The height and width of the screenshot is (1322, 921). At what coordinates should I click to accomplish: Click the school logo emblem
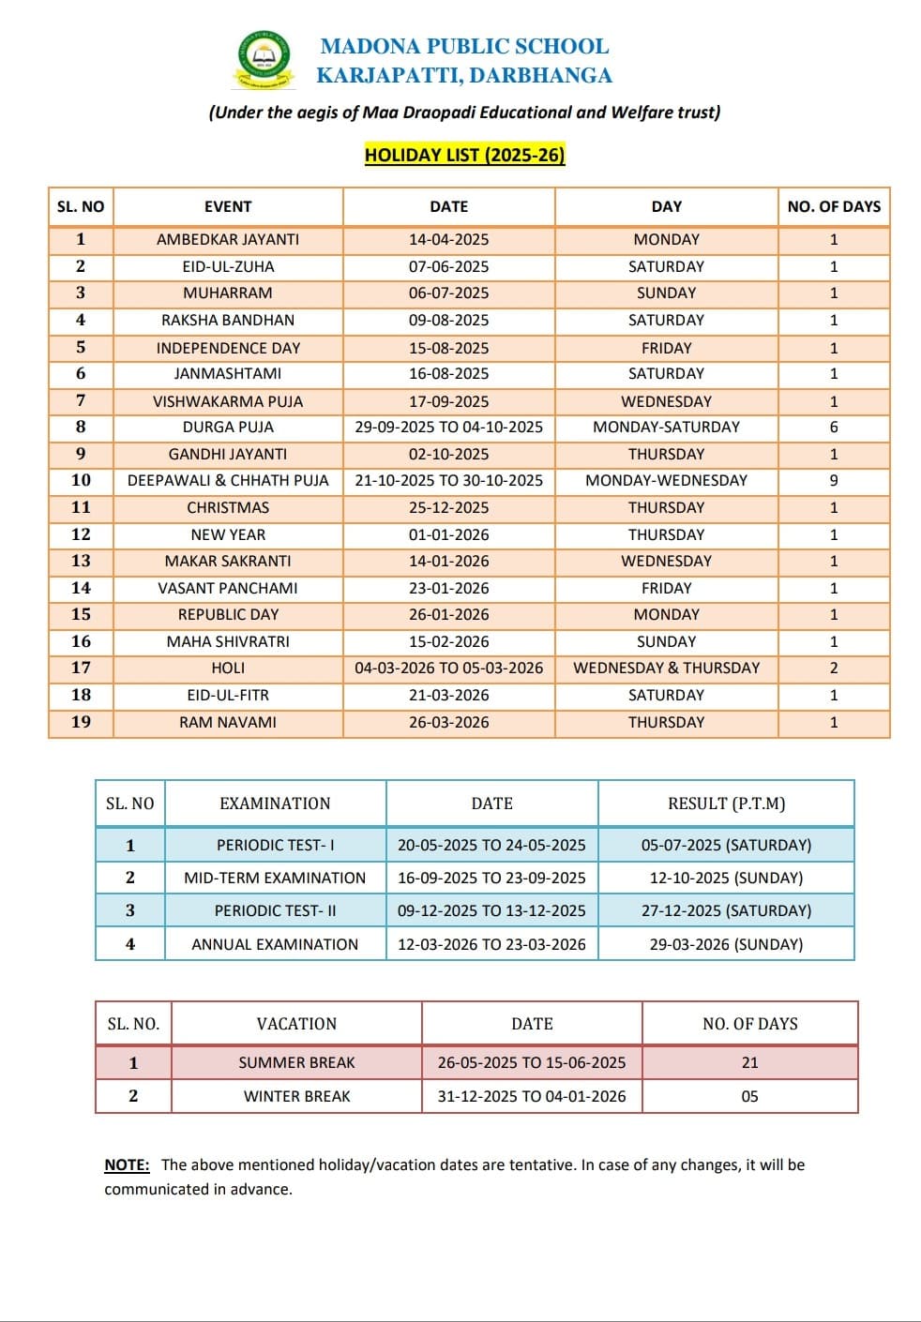click(x=264, y=60)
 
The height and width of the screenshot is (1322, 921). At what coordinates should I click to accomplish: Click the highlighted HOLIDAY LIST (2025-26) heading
click(x=464, y=156)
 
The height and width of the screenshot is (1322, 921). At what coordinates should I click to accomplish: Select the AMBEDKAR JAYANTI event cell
click(x=228, y=240)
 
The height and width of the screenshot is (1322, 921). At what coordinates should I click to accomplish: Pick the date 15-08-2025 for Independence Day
click(x=448, y=348)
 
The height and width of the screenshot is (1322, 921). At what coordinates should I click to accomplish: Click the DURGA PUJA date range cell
click(x=448, y=428)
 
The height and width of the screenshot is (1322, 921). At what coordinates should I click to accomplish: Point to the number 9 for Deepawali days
click(x=834, y=481)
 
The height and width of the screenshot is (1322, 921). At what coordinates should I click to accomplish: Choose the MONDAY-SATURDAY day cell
click(x=666, y=428)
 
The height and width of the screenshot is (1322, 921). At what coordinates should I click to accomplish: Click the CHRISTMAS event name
click(x=228, y=508)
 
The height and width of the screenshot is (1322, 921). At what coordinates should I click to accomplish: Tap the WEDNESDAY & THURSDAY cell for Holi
click(x=666, y=669)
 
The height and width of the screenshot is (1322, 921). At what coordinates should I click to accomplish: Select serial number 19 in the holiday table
click(x=82, y=723)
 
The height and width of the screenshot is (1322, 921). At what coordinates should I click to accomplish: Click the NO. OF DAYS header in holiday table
click(x=834, y=207)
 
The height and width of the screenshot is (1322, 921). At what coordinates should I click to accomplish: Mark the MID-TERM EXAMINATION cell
click(x=275, y=879)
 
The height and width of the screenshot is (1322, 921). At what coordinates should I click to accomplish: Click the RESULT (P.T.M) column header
click(x=726, y=804)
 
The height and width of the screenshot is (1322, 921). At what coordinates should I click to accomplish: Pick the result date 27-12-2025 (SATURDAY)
click(x=726, y=911)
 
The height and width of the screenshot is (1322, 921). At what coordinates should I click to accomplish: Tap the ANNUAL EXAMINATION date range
click(x=491, y=945)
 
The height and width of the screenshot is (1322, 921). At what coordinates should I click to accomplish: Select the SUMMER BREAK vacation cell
click(x=296, y=1063)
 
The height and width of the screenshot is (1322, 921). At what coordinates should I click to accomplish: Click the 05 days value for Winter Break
click(x=749, y=1097)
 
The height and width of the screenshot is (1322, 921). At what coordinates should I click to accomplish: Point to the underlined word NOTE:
click(x=127, y=1165)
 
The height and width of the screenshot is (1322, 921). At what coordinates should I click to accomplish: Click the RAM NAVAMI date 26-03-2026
click(x=448, y=723)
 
